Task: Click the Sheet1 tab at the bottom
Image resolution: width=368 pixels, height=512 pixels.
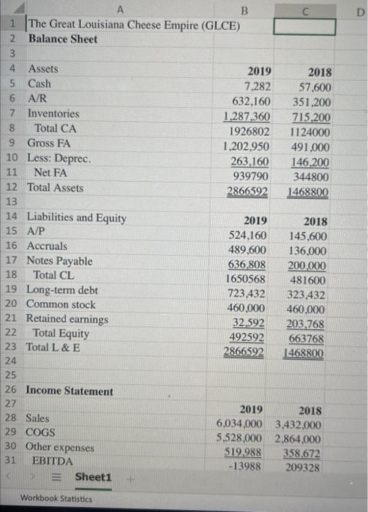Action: tap(93, 477)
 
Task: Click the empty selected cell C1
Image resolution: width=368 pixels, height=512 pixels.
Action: tap(304, 26)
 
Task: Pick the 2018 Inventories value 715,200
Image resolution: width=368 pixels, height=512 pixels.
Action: tap(312, 117)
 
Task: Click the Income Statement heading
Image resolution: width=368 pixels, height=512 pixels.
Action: tap(70, 391)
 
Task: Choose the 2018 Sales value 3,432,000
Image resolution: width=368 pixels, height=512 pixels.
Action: tap(298, 424)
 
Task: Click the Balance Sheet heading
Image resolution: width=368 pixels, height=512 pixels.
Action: tap(62, 39)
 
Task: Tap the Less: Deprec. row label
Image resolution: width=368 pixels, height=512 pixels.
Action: tap(59, 157)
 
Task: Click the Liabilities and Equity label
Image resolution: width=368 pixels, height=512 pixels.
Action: tap(76, 217)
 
